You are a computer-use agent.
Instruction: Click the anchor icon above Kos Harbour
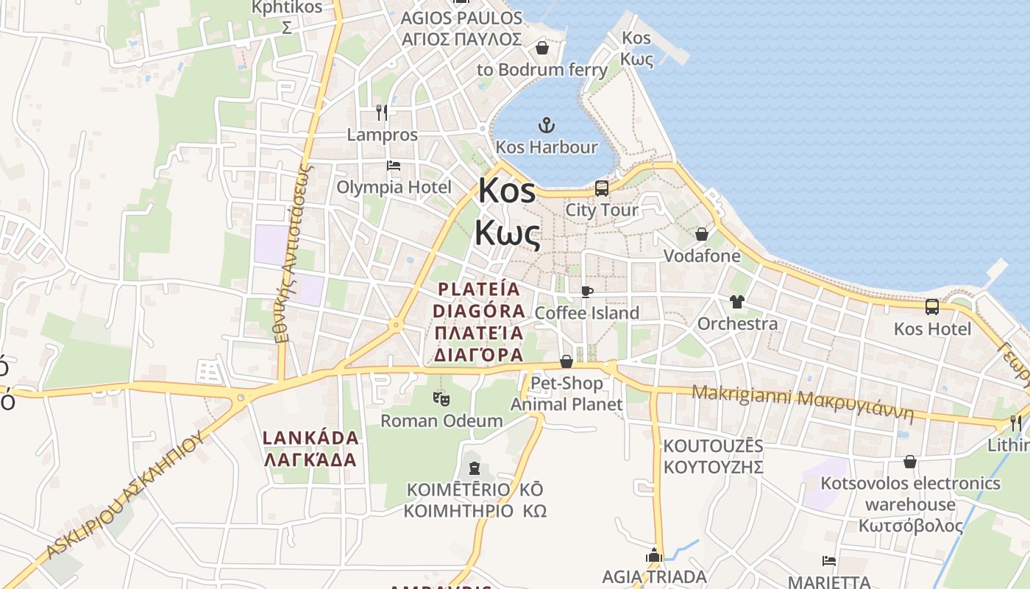pyautogui.click(x=547, y=124)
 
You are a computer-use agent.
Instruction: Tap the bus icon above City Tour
pyautogui.click(x=602, y=188)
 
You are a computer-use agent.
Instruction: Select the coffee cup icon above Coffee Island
pyautogui.click(x=586, y=292)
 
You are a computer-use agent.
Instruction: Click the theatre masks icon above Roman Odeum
pyautogui.click(x=441, y=399)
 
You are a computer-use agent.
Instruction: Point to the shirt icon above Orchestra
pyautogui.click(x=736, y=301)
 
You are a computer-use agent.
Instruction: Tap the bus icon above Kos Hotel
pyautogui.click(x=932, y=307)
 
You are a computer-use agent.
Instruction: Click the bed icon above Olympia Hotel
pyautogui.click(x=394, y=166)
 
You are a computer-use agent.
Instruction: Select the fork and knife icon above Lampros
pyautogui.click(x=381, y=113)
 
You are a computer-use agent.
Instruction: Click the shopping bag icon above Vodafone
pyautogui.click(x=702, y=234)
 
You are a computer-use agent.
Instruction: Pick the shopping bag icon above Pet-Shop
pyautogui.click(x=566, y=361)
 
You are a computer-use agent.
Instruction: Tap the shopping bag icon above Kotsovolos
pyautogui.click(x=910, y=462)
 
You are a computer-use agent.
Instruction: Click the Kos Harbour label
pyautogui.click(x=547, y=147)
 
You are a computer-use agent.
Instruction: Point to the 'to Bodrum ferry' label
pyautogui.click(x=542, y=70)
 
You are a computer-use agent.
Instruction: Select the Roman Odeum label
pyautogui.click(x=441, y=421)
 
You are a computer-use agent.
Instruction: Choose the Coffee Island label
pyautogui.click(x=586, y=313)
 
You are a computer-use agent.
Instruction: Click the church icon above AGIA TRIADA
pyautogui.click(x=654, y=556)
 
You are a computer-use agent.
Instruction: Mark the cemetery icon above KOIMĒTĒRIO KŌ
pyautogui.click(x=475, y=468)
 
